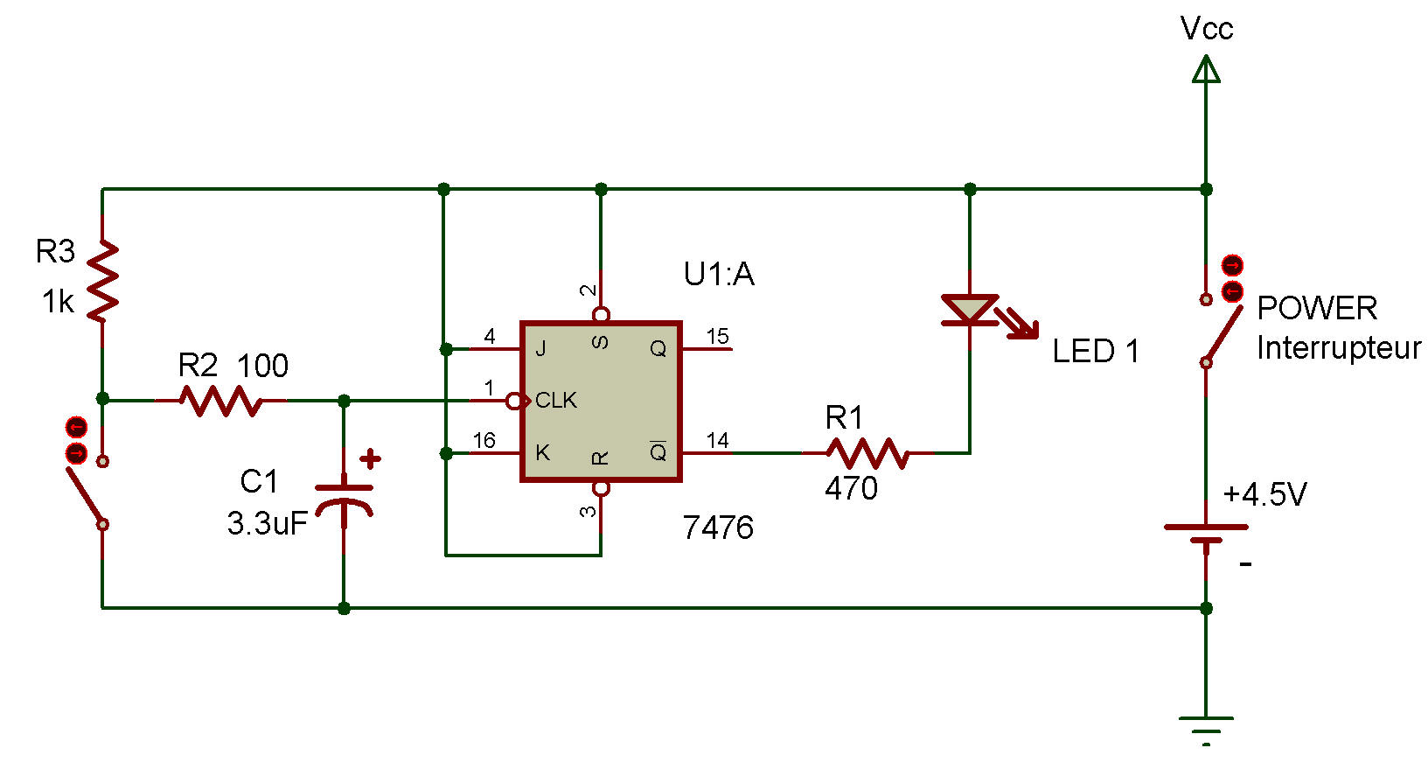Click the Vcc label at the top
click(x=1206, y=29)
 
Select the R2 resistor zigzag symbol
click(x=220, y=401)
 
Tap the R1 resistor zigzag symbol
click(x=867, y=452)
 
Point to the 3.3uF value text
click(x=268, y=523)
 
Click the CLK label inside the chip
click(x=556, y=401)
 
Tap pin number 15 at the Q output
click(x=718, y=336)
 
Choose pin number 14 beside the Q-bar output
click(x=718, y=440)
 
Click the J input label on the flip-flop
click(x=540, y=348)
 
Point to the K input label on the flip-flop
click(x=542, y=452)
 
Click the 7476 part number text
click(x=719, y=528)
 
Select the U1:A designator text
click(x=719, y=274)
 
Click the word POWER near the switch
click(x=1317, y=309)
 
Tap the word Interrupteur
click(x=1339, y=348)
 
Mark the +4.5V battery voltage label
click(x=1264, y=494)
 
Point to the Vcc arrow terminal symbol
click(x=1206, y=69)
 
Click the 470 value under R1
click(x=851, y=488)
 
